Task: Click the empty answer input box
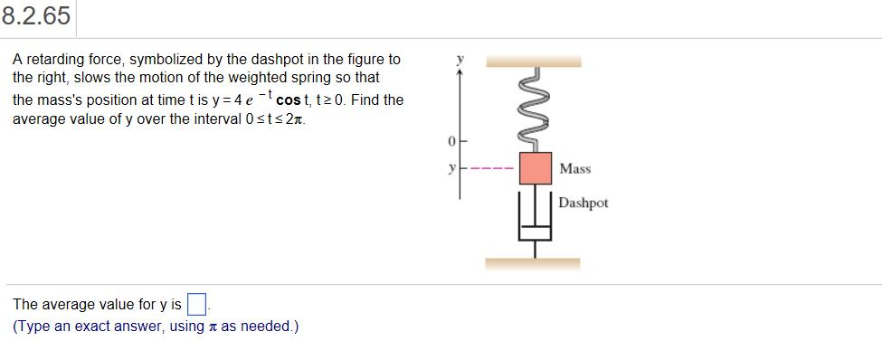(195, 303)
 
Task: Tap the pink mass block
(535, 167)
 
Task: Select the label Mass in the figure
(574, 168)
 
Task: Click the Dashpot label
(583, 203)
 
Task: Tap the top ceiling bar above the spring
(534, 62)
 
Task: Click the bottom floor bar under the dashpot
(533, 264)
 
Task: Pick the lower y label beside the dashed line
(450, 168)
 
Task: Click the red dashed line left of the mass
(493, 168)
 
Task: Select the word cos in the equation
(288, 99)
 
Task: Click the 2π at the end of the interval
(296, 119)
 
